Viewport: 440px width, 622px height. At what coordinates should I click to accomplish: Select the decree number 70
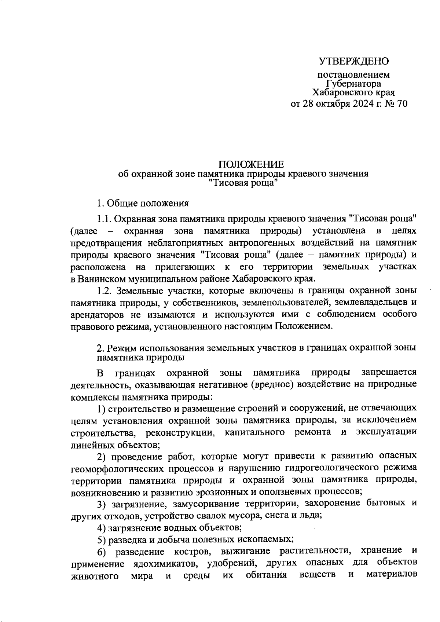click(x=401, y=104)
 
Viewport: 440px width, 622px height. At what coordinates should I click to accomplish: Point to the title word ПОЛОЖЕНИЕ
click(x=251, y=164)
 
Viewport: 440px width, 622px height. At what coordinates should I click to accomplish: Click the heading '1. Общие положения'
click(x=143, y=203)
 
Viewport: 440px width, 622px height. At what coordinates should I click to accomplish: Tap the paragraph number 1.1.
click(x=104, y=219)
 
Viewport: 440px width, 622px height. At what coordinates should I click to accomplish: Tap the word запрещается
click(x=389, y=373)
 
